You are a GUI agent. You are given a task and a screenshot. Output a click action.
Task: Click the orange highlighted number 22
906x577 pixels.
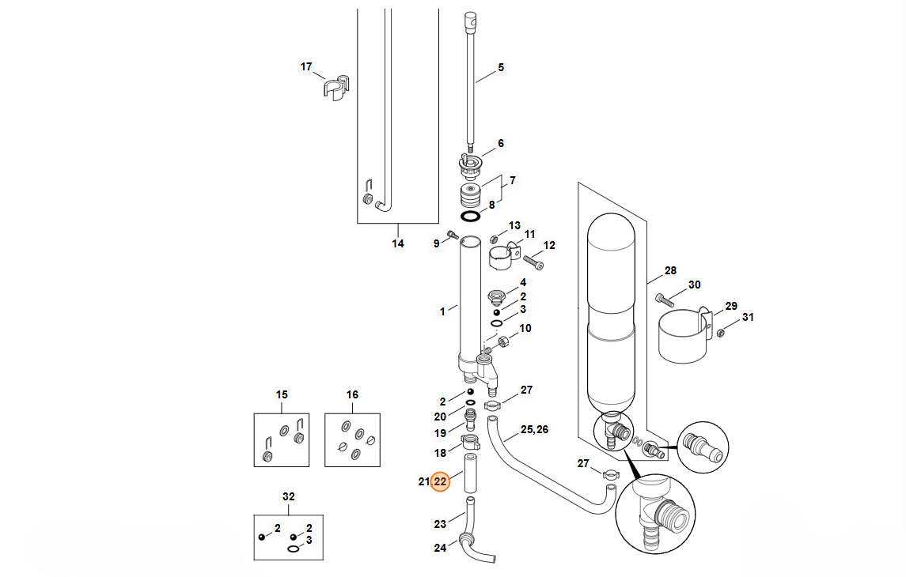tap(440, 481)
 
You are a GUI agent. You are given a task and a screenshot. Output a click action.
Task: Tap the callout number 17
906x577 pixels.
tap(306, 67)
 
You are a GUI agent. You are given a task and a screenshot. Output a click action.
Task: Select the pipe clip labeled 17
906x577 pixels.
tap(335, 87)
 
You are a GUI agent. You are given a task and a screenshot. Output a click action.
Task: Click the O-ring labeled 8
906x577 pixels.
tap(470, 217)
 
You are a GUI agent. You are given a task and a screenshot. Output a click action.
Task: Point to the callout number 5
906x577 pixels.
tap(501, 67)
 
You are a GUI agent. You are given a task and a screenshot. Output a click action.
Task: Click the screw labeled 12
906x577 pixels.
tap(533, 262)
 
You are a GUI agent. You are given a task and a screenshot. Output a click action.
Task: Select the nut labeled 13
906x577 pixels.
tap(495, 239)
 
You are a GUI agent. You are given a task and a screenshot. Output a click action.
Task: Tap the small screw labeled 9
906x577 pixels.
tap(453, 234)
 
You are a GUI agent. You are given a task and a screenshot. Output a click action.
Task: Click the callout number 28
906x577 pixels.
tap(670, 270)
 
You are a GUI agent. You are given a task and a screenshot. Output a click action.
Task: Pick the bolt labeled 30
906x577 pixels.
tap(665, 300)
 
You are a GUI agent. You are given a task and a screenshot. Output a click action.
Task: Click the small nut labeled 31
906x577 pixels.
tap(721, 333)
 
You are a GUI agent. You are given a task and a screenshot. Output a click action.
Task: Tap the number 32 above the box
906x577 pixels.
tap(288, 497)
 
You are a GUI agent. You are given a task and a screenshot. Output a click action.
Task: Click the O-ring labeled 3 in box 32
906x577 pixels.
tap(294, 549)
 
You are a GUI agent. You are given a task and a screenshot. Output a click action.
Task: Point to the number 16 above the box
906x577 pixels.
tap(352, 394)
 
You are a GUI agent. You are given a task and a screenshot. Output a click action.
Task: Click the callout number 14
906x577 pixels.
tap(398, 244)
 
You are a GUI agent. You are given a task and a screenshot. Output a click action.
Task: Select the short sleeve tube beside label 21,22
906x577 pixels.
tap(471, 473)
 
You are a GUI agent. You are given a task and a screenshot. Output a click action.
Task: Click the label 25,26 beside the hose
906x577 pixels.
tap(534, 430)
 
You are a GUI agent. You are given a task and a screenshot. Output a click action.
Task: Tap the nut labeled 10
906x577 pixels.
tap(503, 341)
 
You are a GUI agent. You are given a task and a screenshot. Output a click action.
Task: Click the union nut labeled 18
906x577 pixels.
tap(471, 443)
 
